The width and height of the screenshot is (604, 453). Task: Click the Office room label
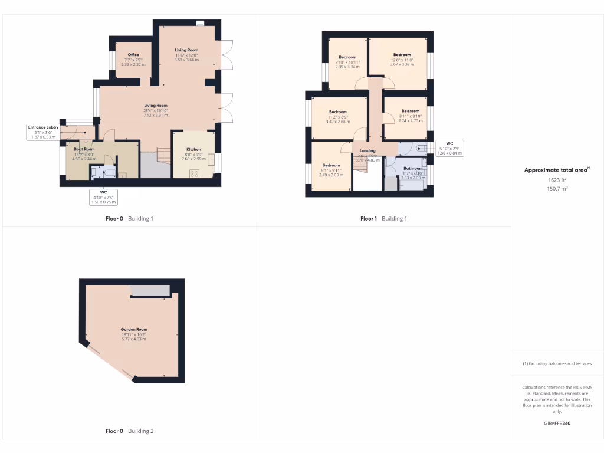tap(133, 55)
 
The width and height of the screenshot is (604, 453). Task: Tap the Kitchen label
tap(194, 150)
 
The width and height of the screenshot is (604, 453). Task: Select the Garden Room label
tap(133, 329)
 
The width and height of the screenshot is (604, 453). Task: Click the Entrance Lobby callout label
tap(43, 127)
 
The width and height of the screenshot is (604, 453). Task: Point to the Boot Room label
tap(84, 150)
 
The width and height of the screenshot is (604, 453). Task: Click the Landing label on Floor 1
tap(367, 150)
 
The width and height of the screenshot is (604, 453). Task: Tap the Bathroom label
tap(413, 168)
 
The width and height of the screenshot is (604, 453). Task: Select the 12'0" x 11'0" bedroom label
tap(402, 55)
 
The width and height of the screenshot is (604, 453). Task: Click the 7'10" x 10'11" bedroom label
tap(347, 57)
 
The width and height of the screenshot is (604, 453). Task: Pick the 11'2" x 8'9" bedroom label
tap(338, 112)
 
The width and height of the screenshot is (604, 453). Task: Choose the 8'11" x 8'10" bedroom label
tap(411, 111)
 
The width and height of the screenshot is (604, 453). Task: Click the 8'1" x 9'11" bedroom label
tap(331, 165)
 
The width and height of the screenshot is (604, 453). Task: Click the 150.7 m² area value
tap(557, 189)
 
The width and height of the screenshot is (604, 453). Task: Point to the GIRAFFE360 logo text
tap(557, 424)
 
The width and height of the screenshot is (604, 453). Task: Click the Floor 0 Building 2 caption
tap(129, 431)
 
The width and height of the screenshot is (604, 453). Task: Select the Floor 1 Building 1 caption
tap(383, 218)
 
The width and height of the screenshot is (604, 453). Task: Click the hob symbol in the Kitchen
tap(194, 173)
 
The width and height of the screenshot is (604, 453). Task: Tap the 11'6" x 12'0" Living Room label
tap(186, 50)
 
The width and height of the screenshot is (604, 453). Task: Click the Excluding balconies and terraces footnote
tap(557, 363)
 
